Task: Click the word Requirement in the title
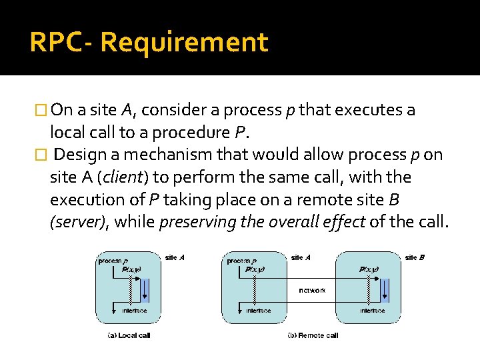(x=184, y=43)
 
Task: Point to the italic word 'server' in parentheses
(x=77, y=223)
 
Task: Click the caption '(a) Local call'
(x=129, y=335)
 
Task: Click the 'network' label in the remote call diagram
(x=313, y=291)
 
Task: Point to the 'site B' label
(x=414, y=257)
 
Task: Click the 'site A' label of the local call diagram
(x=175, y=257)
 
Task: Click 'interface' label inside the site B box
(x=373, y=311)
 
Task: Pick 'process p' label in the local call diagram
(x=113, y=261)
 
